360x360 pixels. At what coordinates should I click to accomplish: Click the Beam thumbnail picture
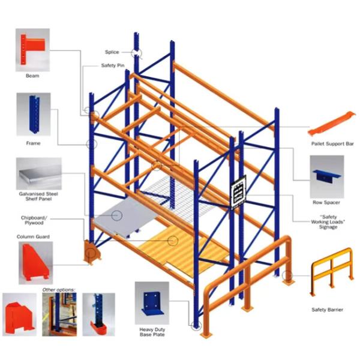(32, 50)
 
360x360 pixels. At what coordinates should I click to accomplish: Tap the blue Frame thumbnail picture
(34, 114)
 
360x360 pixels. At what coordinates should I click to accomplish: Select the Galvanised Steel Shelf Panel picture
(39, 173)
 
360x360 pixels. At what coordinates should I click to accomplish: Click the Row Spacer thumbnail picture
(327, 177)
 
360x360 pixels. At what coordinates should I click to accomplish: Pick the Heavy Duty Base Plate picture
(152, 303)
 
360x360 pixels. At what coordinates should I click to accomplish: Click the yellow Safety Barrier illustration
(332, 271)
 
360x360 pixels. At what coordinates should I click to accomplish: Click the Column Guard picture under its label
(35, 263)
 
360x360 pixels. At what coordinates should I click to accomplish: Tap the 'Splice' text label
(112, 52)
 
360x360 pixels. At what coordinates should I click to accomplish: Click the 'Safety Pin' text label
(113, 65)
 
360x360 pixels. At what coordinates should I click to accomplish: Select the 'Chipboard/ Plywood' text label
(34, 220)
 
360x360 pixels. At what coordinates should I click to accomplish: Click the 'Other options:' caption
(59, 290)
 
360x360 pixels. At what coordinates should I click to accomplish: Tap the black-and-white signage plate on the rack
(238, 193)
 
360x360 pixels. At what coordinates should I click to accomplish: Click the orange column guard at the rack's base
(92, 252)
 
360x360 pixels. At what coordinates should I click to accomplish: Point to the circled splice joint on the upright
(136, 53)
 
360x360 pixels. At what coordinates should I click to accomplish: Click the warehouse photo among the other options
(59, 314)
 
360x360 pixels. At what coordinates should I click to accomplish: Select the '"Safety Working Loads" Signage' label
(328, 222)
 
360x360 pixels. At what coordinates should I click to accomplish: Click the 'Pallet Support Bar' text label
(332, 144)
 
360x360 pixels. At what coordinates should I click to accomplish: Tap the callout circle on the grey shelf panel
(117, 215)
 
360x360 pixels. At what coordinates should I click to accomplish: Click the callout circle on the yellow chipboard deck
(173, 241)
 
